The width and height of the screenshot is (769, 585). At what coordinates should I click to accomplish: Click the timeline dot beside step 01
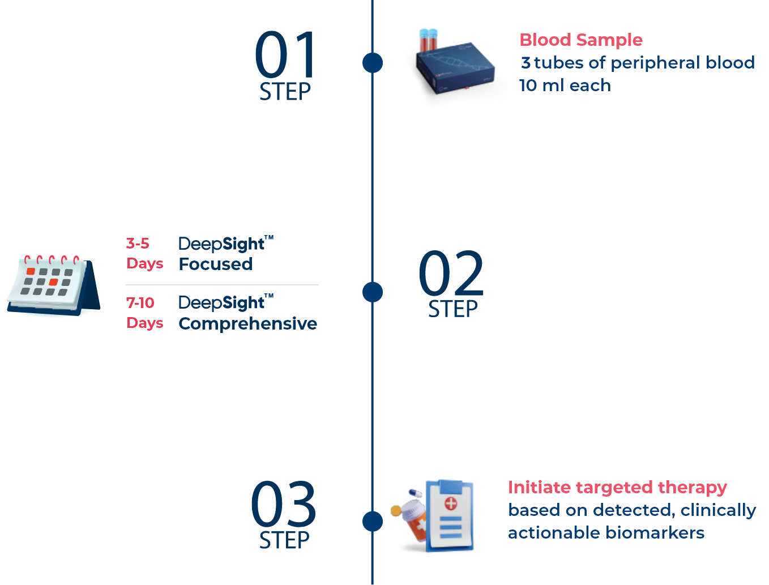coord(373,62)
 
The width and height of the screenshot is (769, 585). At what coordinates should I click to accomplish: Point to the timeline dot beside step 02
coord(373,292)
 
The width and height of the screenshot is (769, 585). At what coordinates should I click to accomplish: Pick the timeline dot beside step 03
coord(373,521)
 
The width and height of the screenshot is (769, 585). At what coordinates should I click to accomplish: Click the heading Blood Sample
coord(581,40)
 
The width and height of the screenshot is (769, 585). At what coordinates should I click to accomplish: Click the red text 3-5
coord(138,244)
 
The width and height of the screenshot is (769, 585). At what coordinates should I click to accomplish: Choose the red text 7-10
coord(140,303)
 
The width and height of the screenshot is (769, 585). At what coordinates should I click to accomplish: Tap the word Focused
coord(216,264)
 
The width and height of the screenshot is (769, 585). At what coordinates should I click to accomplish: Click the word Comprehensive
coord(247,323)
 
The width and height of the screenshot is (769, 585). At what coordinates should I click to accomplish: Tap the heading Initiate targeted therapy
coord(617,487)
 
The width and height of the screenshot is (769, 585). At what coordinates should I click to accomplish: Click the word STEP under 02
coord(453,309)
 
